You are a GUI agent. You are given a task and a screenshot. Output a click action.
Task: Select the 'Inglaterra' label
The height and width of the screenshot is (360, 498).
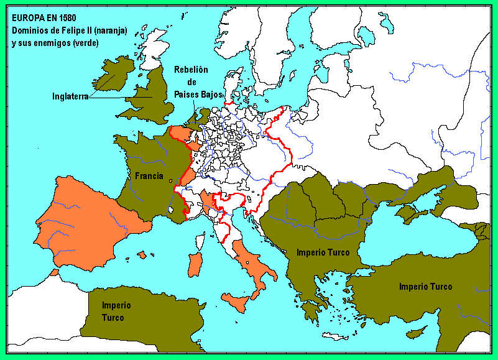(x=71, y=96)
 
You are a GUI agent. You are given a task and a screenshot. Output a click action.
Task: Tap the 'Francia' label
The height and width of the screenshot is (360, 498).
(x=149, y=176)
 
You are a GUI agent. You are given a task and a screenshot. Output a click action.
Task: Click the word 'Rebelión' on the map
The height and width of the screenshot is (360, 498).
(x=191, y=70)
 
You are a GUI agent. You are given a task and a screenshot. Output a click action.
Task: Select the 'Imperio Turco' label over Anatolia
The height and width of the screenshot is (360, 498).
(x=425, y=287)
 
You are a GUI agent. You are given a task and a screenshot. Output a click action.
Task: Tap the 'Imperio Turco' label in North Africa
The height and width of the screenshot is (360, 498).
(x=116, y=311)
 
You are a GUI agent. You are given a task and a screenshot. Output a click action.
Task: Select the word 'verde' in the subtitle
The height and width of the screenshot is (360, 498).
(x=85, y=42)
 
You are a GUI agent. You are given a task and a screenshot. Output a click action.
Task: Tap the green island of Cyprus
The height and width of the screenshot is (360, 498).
(x=419, y=328)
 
